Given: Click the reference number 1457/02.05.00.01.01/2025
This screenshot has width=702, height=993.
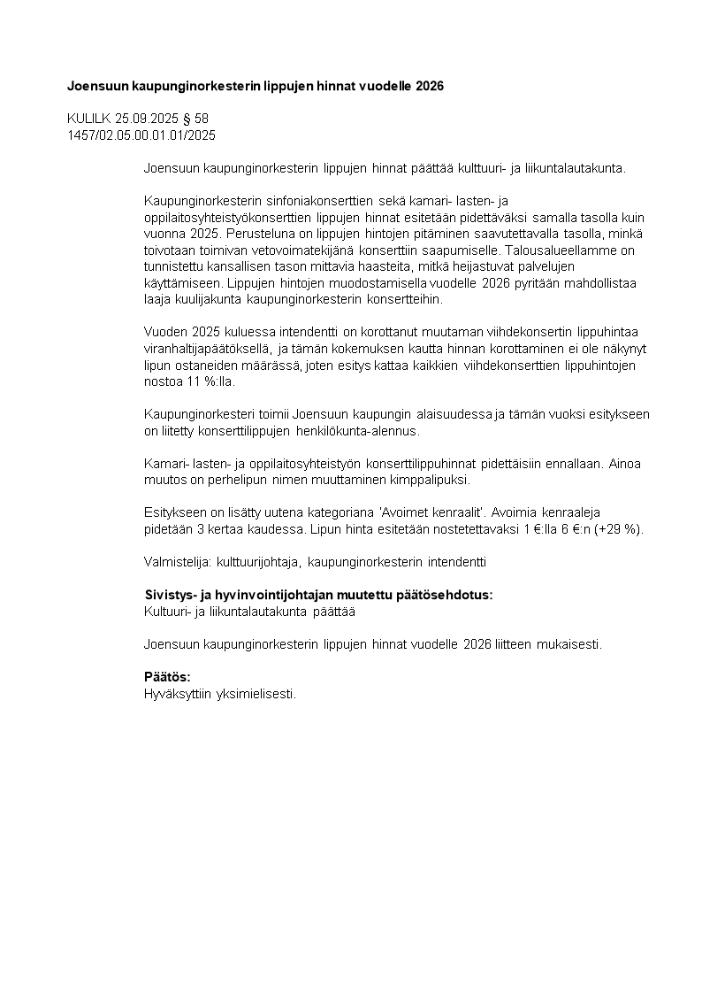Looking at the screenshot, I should click(x=141, y=135).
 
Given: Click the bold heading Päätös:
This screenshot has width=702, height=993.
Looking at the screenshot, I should click(x=167, y=677).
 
